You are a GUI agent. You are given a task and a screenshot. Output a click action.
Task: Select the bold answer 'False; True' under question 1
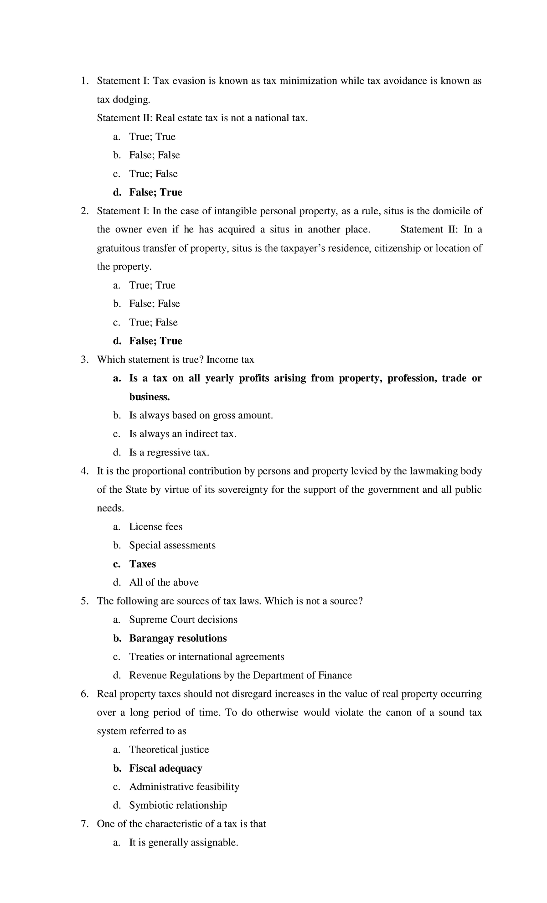(x=155, y=192)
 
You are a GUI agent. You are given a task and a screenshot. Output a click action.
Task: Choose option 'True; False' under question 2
(x=153, y=323)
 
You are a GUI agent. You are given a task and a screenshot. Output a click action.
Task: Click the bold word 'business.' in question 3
(x=150, y=397)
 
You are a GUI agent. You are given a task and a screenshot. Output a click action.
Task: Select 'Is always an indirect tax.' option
(x=183, y=434)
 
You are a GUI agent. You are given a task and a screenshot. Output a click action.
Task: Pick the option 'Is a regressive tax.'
(x=169, y=453)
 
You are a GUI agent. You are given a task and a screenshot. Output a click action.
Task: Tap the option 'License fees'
(x=155, y=527)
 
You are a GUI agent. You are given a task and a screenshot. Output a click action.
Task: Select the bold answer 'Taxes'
(x=142, y=564)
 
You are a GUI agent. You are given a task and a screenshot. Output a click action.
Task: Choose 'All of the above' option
(x=164, y=583)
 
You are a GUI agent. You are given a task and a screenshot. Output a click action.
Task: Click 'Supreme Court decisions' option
(x=183, y=620)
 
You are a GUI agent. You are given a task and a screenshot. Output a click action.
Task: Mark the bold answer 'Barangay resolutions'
(x=178, y=639)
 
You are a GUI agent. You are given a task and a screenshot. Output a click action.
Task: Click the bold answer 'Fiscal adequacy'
(x=165, y=769)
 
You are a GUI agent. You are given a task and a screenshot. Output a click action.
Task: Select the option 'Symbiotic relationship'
(x=178, y=805)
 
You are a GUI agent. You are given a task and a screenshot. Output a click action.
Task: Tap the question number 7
(x=84, y=824)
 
